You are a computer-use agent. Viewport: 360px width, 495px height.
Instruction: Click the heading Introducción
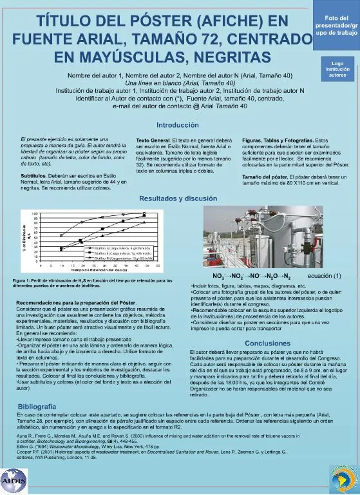pyautogui.click(x=178, y=124)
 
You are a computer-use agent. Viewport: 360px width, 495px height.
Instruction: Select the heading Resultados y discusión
pyautogui.click(x=178, y=199)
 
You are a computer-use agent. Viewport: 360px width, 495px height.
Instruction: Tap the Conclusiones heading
pyautogui.click(x=267, y=343)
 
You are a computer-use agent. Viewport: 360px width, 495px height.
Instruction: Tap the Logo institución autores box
pyautogui.click(x=337, y=68)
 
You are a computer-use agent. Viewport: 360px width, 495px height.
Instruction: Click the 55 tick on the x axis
pyautogui.click(x=157, y=265)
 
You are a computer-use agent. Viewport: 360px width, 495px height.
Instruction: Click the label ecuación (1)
pyautogui.click(x=325, y=275)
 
